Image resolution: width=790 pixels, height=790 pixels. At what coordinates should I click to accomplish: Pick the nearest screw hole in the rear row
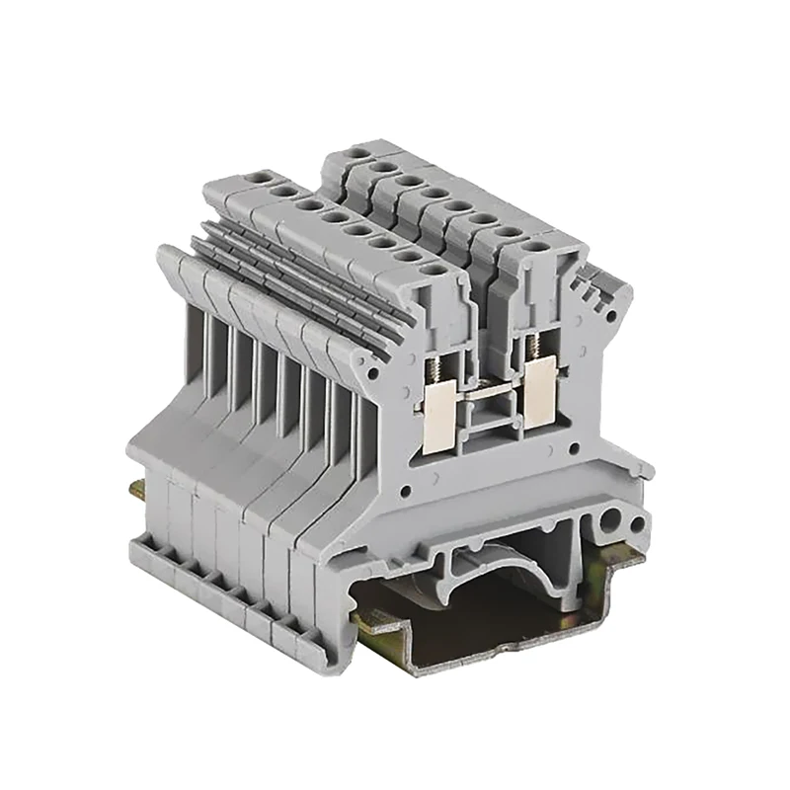pyautogui.click(x=535, y=245)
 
